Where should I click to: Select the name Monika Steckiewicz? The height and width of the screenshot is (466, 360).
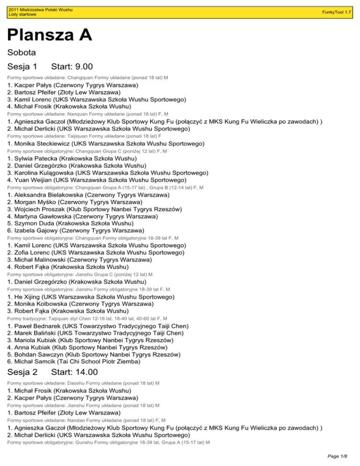(x=45, y=143)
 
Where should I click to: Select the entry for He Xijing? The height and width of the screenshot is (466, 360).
(x=29, y=297)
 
